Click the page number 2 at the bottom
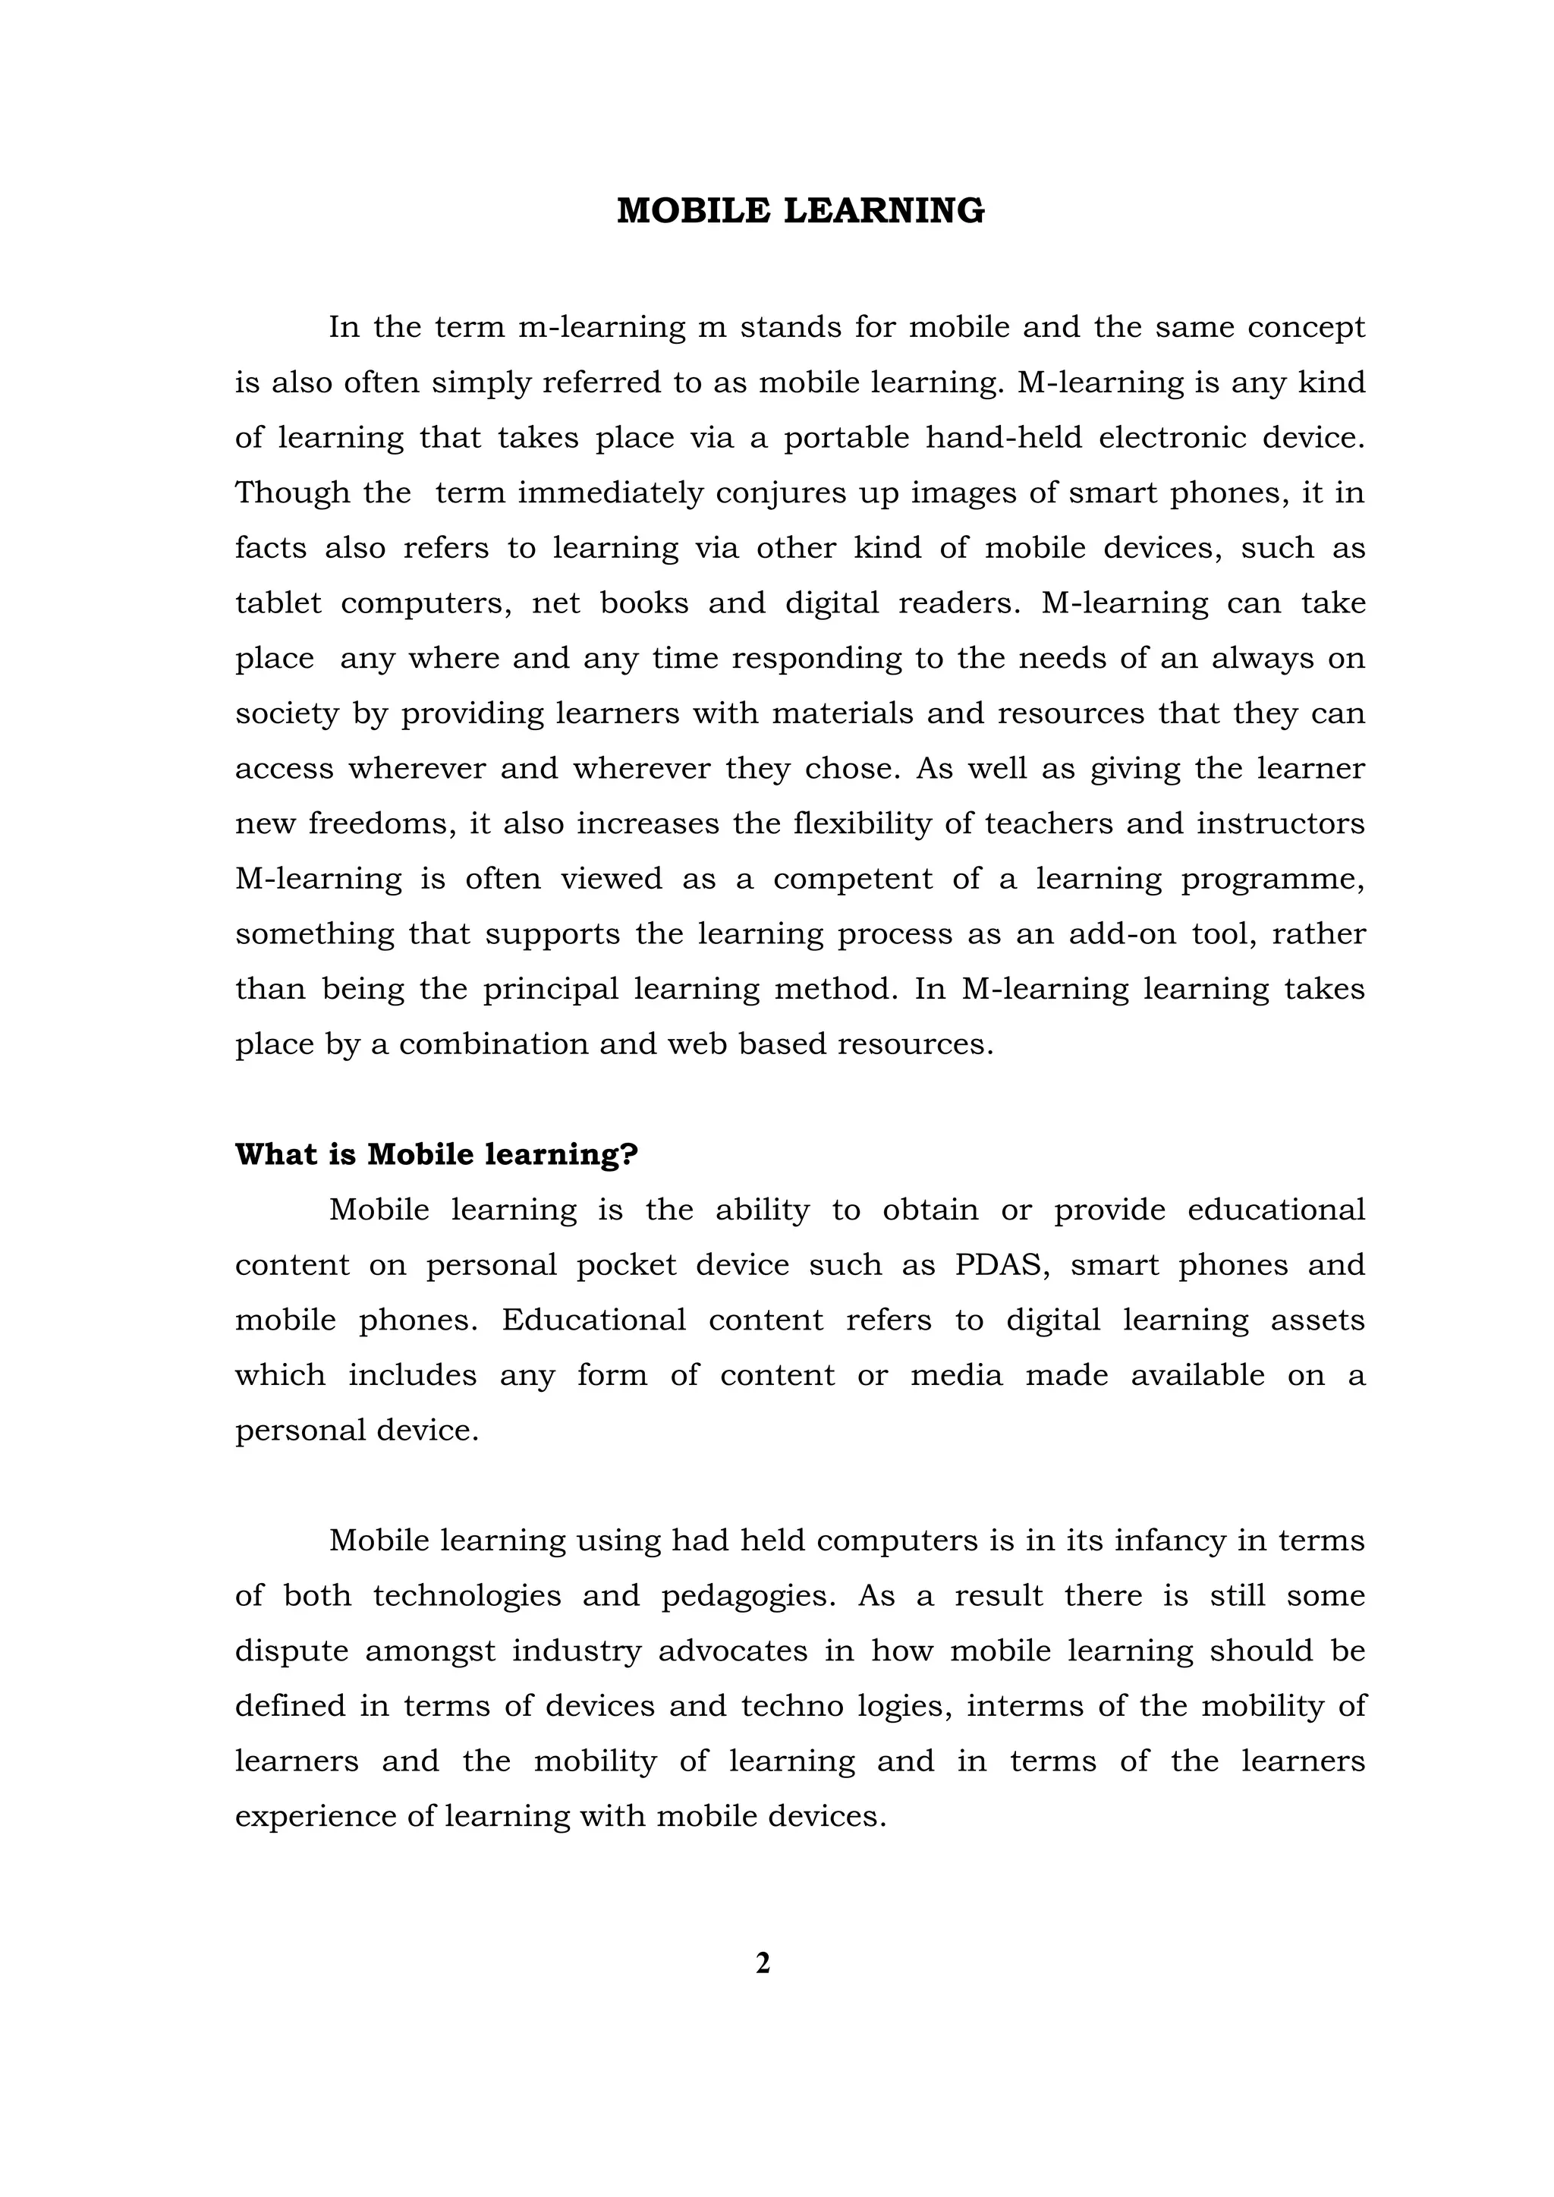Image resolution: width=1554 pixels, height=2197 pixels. point(763,1963)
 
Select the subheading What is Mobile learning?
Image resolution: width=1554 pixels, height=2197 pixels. point(436,1155)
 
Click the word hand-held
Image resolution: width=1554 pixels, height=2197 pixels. point(1003,438)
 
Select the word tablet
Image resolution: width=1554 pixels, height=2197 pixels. point(278,604)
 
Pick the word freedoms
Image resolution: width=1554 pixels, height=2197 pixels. point(380,824)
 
